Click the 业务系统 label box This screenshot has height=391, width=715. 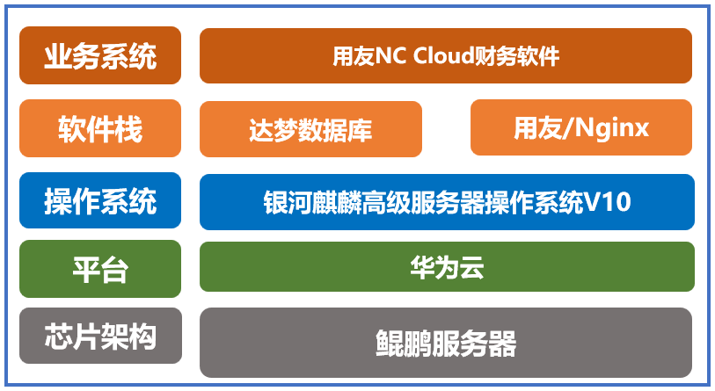point(100,54)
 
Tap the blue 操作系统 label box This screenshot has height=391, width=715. point(100,200)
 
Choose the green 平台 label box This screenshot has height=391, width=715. point(100,267)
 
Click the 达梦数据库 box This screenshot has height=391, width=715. point(310,128)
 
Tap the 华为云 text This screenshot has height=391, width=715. point(446,266)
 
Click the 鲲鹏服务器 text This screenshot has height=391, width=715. point(446,342)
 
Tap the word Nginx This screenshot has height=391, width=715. point(614,128)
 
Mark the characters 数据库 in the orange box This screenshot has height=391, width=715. point(335,129)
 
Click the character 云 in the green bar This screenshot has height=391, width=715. point(471,266)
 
